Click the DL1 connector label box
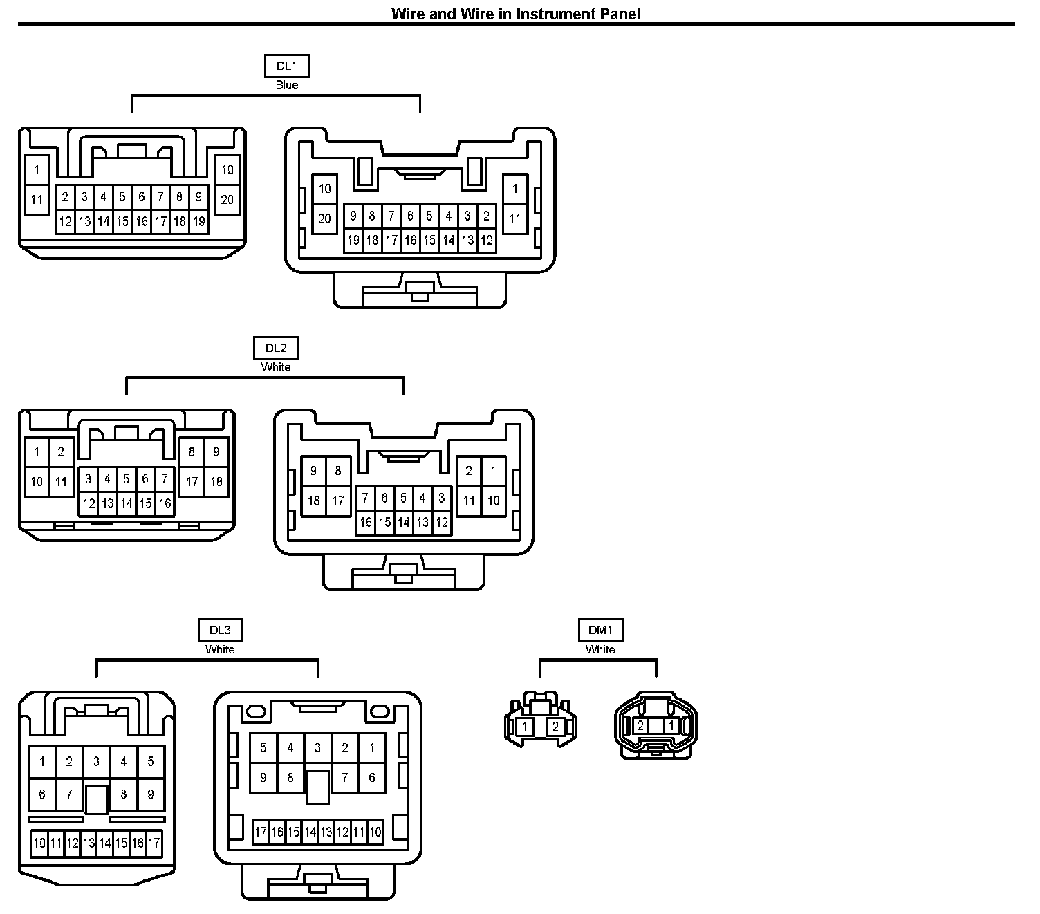coord(286,66)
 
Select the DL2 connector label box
coord(276,348)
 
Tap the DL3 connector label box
coord(220,631)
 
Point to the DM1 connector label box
coord(600,631)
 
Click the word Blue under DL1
coord(286,85)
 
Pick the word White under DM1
coord(600,649)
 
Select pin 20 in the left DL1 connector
coord(228,200)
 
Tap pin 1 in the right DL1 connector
coord(514,189)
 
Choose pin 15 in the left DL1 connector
coord(122,222)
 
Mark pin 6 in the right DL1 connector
coord(410,216)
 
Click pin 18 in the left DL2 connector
coord(216,481)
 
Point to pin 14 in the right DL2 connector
coord(404,522)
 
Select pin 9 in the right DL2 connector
coord(314,471)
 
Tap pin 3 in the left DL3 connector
coord(96,762)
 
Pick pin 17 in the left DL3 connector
coord(154,843)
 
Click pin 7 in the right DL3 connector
coord(344,778)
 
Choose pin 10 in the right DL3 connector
coord(375,832)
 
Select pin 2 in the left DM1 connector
coord(555,727)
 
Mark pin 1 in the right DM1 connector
coord(670,726)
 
